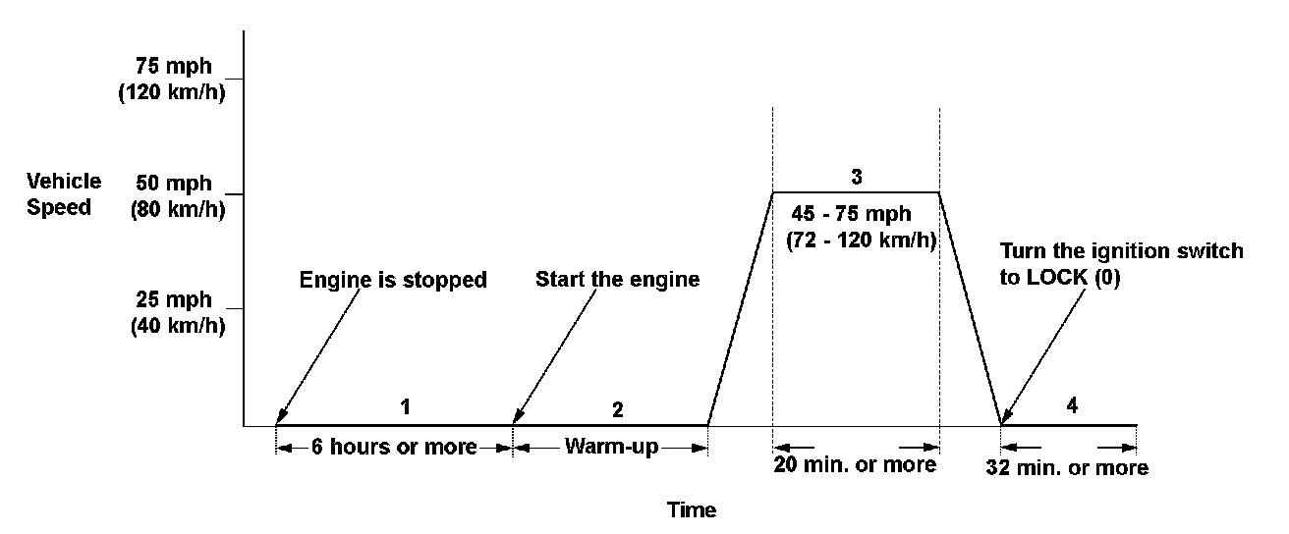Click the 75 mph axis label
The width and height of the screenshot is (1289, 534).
tap(178, 68)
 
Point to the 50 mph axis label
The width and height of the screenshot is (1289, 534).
tap(178, 183)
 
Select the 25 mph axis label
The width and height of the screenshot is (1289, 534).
tap(178, 298)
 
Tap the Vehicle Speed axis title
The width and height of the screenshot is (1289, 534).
tap(64, 194)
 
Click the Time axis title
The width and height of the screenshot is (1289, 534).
tap(692, 510)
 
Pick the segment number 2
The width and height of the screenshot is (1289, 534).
tap(617, 407)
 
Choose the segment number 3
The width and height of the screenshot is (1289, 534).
tap(857, 178)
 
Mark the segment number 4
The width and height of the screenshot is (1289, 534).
tap(1072, 405)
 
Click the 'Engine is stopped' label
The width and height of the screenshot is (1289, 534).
tap(393, 280)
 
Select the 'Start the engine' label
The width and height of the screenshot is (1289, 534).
tap(617, 280)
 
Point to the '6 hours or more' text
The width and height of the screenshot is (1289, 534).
tap(394, 448)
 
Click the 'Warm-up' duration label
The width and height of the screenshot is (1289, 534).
tap(610, 448)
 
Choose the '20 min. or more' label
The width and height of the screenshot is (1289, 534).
tap(856, 464)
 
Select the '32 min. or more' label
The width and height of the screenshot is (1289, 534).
tap(1067, 467)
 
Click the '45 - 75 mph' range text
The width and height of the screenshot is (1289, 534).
tap(852, 214)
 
